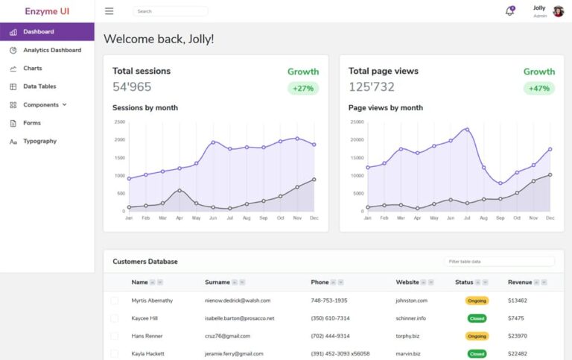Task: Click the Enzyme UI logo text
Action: (x=47, y=11)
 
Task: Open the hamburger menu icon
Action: (x=109, y=11)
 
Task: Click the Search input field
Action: (x=170, y=11)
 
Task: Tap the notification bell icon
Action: (x=509, y=11)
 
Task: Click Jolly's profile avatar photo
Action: (x=558, y=11)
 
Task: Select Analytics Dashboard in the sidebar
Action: (x=51, y=50)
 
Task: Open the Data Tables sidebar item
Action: (x=39, y=86)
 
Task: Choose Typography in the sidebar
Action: (x=39, y=141)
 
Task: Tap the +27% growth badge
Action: (x=303, y=88)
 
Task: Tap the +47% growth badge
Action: (x=538, y=88)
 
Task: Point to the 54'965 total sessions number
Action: (x=132, y=86)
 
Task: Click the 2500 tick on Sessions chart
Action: (x=119, y=121)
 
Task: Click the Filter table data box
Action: (x=499, y=262)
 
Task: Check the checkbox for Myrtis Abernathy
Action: (x=115, y=300)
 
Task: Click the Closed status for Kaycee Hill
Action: (x=477, y=318)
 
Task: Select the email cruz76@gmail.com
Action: (x=228, y=336)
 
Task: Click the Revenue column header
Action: (x=520, y=282)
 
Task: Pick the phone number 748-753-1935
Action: (x=328, y=300)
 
